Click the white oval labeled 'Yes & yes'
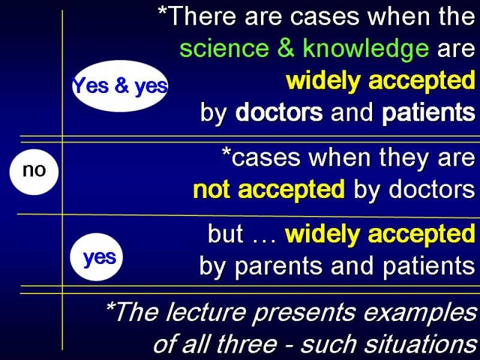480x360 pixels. click(x=120, y=86)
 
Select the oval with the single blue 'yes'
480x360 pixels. click(x=97, y=257)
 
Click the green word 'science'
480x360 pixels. click(x=224, y=49)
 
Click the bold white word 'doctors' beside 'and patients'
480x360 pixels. click(x=279, y=112)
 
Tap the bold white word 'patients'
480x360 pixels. click(x=428, y=113)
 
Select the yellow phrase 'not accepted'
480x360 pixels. click(x=269, y=190)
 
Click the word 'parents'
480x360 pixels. click(x=278, y=266)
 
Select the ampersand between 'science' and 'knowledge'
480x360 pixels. click(x=286, y=48)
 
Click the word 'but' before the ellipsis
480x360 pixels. click(x=226, y=233)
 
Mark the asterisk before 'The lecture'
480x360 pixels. click(x=110, y=306)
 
